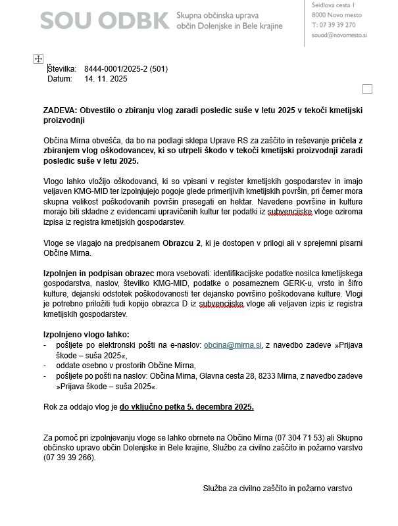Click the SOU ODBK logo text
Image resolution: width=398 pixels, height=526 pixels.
pos(104,20)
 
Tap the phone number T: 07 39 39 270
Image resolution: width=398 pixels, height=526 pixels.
pos(334,24)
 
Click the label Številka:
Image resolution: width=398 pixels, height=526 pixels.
pos(62,69)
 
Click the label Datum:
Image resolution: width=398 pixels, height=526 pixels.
pos(59,79)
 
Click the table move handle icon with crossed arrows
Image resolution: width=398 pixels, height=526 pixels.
pos(38,59)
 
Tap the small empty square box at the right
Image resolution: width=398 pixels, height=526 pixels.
pos(367,89)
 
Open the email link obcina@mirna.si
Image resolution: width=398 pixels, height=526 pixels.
pos(233,345)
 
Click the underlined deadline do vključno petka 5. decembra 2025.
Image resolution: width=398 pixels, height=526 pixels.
pos(186,407)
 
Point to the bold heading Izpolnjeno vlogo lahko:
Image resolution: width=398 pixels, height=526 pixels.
pos(86,334)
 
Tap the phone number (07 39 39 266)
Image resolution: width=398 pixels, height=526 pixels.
pos(69,458)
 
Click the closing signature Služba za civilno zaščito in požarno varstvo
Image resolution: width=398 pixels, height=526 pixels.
pos(278,489)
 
